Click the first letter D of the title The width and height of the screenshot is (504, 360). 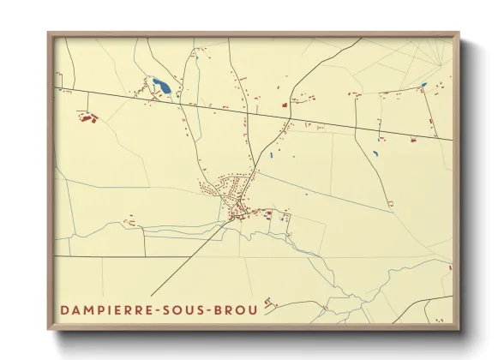[x=64, y=309]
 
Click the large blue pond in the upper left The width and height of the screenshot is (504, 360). [x=160, y=86]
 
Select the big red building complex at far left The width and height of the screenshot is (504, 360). [x=87, y=117]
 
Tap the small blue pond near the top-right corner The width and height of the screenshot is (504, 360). [x=423, y=85]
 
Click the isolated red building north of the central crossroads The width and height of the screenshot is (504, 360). [x=284, y=105]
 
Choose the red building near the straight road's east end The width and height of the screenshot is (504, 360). [x=413, y=138]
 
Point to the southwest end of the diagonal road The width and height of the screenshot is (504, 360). [x=151, y=297]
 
